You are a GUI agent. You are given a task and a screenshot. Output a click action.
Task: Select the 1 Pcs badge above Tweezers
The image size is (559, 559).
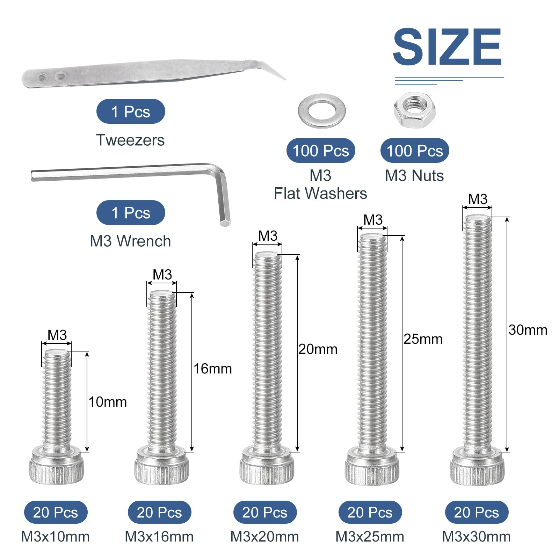pos(131,111)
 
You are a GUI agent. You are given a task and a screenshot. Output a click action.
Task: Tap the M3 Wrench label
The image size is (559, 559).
pos(130,241)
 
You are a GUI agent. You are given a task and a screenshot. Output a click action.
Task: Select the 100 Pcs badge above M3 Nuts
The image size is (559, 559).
pos(415,151)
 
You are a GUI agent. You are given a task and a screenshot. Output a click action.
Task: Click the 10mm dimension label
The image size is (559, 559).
pos(108,402)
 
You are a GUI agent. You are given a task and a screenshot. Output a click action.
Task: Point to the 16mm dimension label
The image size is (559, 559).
pos(213,369)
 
